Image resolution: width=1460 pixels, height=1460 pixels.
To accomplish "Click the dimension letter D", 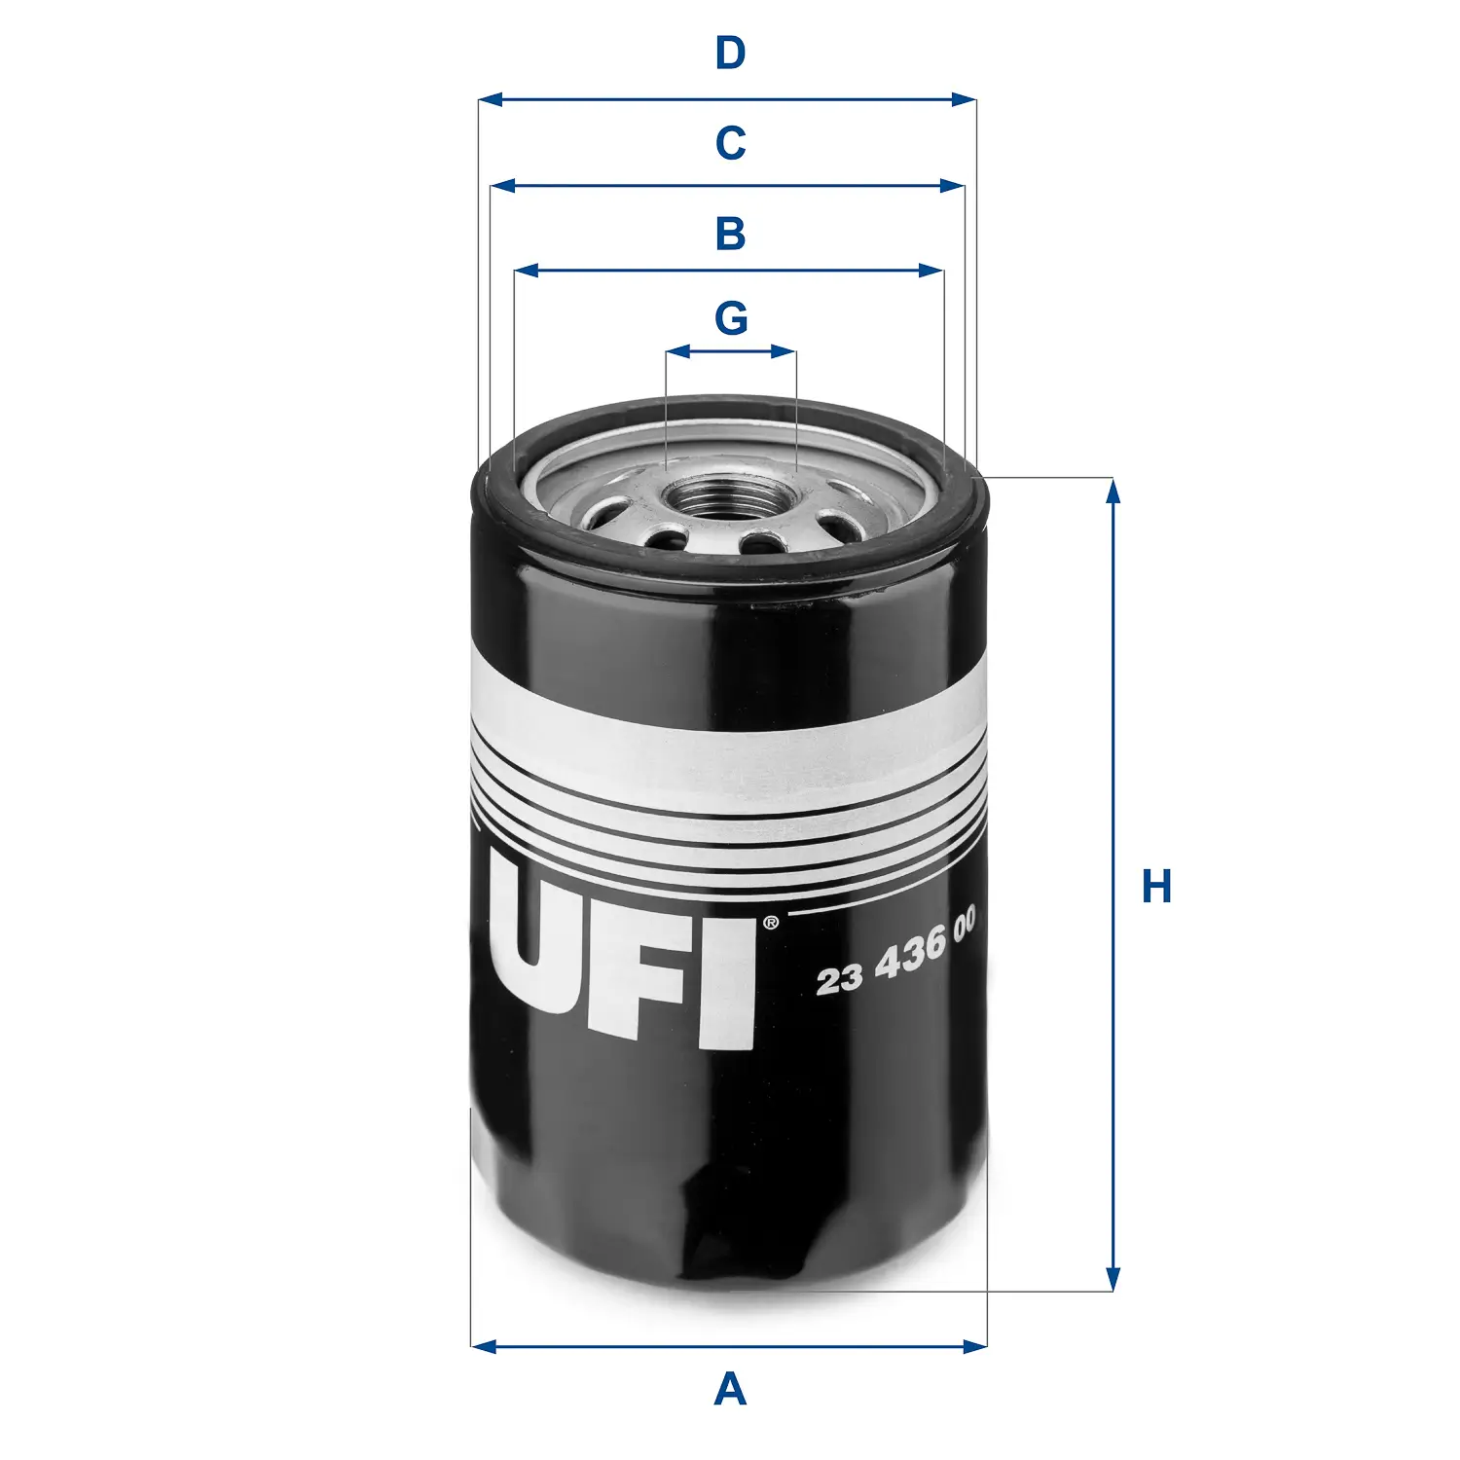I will click(730, 53).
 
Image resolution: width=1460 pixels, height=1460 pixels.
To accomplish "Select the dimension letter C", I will click(730, 143).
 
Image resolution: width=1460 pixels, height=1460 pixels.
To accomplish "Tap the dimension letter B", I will click(730, 234).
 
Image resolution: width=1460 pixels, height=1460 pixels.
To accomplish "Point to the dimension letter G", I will click(731, 317).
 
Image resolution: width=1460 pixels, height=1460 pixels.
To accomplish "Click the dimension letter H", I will click(1156, 887).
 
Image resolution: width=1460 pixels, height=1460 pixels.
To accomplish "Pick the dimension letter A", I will click(730, 1389).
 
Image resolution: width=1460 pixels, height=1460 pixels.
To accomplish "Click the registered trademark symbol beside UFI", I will click(770, 921).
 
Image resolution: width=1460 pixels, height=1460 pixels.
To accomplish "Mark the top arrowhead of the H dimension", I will click(1113, 491).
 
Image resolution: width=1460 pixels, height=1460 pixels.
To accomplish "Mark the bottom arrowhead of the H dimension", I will click(1113, 1279).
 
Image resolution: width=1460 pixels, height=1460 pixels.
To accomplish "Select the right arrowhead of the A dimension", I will click(974, 1346).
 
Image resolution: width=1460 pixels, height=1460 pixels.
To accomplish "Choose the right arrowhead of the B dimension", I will click(931, 271).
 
